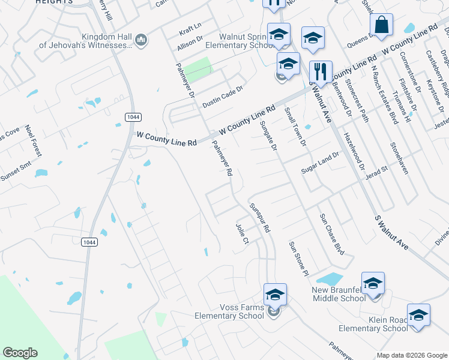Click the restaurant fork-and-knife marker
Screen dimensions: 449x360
321,71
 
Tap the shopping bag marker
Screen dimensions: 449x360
381,25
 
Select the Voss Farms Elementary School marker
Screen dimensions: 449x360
275,295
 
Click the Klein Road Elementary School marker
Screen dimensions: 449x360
418,314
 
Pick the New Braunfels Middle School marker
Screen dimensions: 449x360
373,283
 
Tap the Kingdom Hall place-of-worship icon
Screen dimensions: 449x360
142,40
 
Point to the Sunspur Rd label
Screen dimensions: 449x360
260,217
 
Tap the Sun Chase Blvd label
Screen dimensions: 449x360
331,233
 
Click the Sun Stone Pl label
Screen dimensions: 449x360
298,259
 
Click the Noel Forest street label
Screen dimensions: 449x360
34,141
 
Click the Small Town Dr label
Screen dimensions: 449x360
295,127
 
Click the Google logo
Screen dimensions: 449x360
20,353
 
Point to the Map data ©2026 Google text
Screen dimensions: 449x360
412,355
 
